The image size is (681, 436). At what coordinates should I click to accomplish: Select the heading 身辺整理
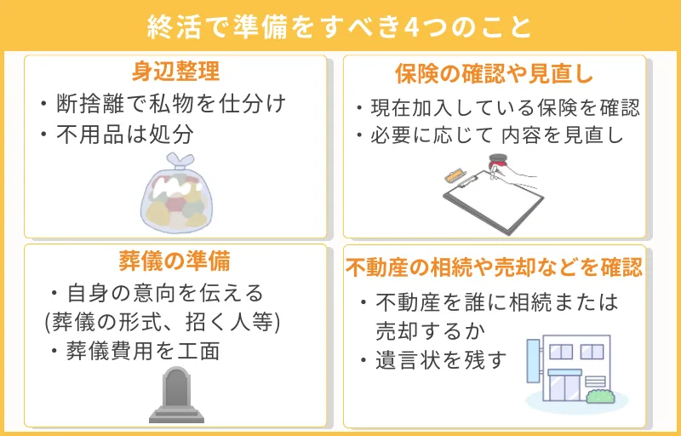click(x=176, y=71)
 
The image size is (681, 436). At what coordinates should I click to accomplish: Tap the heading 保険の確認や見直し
click(x=494, y=73)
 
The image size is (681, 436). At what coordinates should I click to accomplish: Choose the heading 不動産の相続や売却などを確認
click(x=494, y=268)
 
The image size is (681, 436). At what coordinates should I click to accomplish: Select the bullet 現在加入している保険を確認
click(x=497, y=108)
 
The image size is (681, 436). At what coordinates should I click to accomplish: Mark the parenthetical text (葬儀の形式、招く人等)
click(x=162, y=323)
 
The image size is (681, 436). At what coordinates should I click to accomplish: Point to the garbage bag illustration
click(x=176, y=198)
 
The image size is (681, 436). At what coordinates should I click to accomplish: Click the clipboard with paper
click(x=494, y=200)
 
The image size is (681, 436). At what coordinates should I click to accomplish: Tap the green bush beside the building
click(x=601, y=396)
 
